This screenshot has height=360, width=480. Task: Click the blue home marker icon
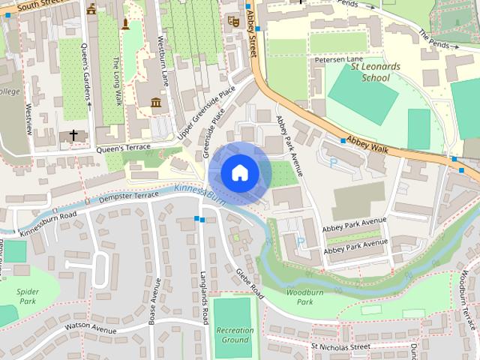[x=239, y=173]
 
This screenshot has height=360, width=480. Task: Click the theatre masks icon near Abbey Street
[x=233, y=23]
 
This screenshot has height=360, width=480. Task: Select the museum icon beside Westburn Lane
[x=156, y=102]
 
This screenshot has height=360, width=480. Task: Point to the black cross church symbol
[x=73, y=135]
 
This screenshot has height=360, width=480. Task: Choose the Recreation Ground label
[x=235, y=334]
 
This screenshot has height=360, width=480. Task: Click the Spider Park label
[x=28, y=295]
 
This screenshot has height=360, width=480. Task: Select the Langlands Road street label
[x=204, y=297]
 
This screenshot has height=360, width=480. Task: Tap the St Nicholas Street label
[x=340, y=347]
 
